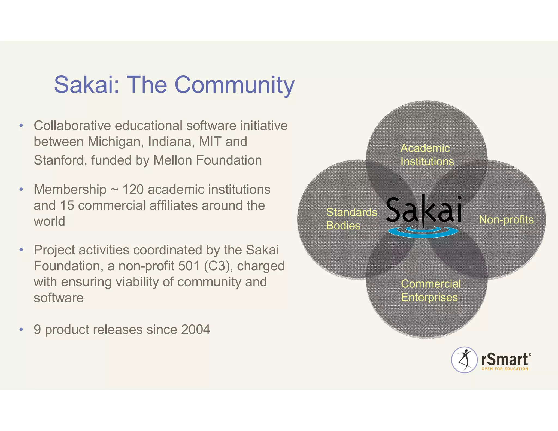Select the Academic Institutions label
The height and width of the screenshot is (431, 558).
pos(427,155)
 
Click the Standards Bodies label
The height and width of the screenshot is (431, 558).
pos(351,219)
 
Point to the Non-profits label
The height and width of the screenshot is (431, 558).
pos(506,220)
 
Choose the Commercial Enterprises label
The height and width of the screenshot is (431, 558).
pos(430,291)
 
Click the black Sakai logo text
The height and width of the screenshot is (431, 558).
pos(424,211)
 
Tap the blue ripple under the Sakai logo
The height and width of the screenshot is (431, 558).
pos(423,232)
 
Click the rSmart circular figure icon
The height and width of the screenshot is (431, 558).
pos(464,360)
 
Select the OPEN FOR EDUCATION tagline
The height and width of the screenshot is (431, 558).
pos(505,369)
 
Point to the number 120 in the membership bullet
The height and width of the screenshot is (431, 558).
pos(133,189)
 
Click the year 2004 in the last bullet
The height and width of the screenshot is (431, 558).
pos(195,330)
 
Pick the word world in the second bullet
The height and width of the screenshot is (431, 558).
pos(49,221)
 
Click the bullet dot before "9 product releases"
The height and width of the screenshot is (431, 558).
pos(21,330)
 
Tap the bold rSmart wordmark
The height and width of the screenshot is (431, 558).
pos(505,359)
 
